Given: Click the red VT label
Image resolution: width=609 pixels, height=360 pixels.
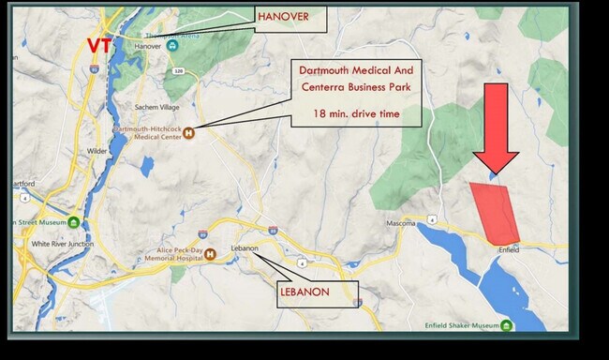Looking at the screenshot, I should tap(100, 44).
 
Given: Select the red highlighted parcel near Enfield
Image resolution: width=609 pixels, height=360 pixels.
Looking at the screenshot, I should tap(494, 212).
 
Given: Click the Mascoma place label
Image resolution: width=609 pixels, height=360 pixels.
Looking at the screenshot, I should tap(400, 224).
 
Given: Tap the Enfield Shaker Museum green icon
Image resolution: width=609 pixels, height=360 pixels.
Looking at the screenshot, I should tap(507, 326).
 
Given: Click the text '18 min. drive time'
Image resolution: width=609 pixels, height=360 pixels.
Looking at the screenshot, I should tap(356, 116).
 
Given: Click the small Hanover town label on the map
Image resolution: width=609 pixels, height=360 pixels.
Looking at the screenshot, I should tap(148, 45).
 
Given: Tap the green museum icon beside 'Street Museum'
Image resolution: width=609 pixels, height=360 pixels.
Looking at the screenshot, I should tap(72, 221).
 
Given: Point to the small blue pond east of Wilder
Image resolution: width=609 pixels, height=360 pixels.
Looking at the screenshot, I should tap(146, 166).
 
